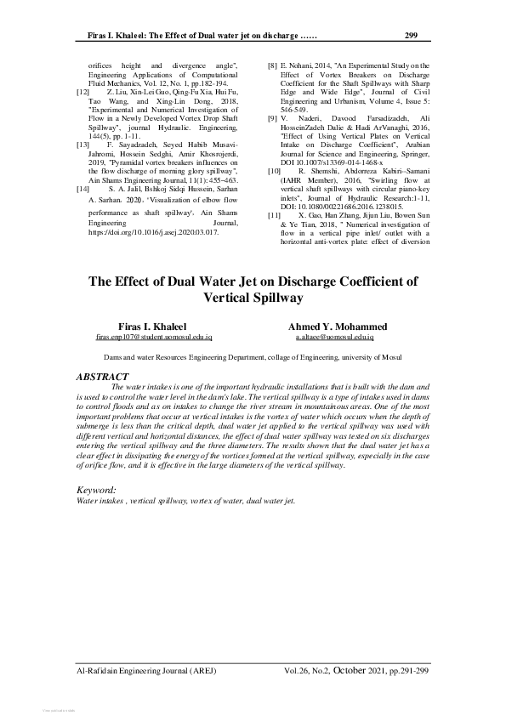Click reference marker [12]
[83, 91]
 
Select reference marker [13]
[83, 145]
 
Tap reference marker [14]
[83, 185]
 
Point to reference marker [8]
[272, 65]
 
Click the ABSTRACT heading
[102, 376]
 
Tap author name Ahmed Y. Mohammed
[338, 327]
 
